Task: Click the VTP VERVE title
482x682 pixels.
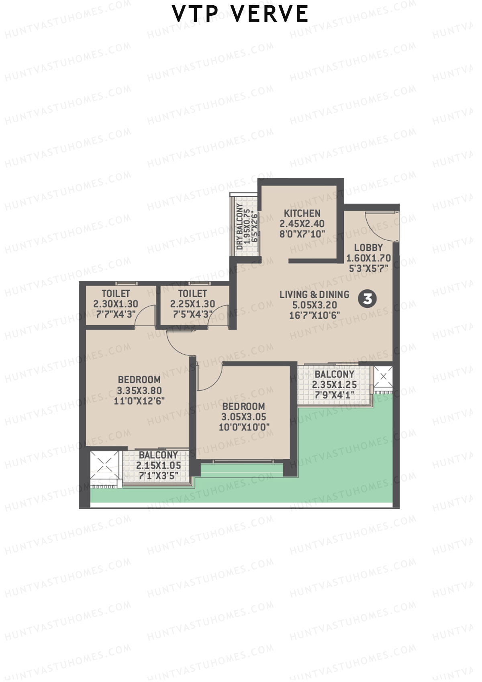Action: [x=240, y=14]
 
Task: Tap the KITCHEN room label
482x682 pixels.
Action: [x=302, y=213]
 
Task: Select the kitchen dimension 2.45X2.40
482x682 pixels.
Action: [x=302, y=224]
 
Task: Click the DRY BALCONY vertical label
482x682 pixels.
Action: [x=240, y=226]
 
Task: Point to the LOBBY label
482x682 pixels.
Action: [x=368, y=248]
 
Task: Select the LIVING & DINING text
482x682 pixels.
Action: [x=314, y=295]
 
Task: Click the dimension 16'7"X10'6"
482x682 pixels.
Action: [x=314, y=315]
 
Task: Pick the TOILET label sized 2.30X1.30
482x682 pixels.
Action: [x=116, y=294]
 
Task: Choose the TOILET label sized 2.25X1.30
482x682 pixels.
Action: [x=192, y=294]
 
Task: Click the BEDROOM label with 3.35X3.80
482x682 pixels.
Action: [x=139, y=380]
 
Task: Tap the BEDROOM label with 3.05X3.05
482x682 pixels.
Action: [x=243, y=406]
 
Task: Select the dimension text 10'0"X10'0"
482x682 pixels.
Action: [x=243, y=427]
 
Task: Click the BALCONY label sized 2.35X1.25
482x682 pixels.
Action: [x=334, y=374]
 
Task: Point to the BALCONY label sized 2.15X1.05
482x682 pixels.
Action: [x=158, y=455]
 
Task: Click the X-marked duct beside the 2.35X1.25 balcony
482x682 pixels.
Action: [x=383, y=377]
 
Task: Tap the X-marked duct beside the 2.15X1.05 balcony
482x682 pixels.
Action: [x=105, y=466]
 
